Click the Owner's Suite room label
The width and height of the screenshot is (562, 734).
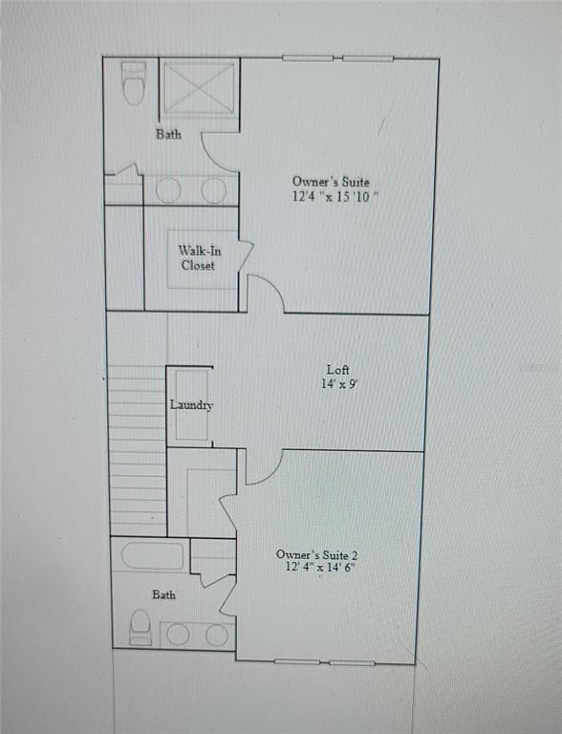(x=330, y=182)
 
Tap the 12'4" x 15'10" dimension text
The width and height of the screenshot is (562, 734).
(x=336, y=197)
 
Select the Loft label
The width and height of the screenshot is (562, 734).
(x=337, y=369)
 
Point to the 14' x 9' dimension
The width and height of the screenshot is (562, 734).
(x=338, y=384)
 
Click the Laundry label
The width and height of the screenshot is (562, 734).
(x=191, y=405)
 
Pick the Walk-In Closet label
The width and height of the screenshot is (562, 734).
(x=198, y=258)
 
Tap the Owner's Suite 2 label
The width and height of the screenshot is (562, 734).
(x=316, y=554)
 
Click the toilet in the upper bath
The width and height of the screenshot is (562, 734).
(x=133, y=84)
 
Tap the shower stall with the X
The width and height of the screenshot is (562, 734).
(x=199, y=89)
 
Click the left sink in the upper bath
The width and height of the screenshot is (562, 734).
(x=168, y=190)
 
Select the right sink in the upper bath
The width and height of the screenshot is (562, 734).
(x=214, y=190)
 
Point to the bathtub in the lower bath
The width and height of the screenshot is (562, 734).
(x=153, y=557)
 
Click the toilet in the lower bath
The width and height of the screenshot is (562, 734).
(x=140, y=627)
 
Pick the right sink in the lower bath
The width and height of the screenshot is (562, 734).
(x=217, y=635)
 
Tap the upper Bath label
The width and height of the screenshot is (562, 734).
(x=168, y=135)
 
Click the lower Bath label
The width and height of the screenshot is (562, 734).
(x=164, y=594)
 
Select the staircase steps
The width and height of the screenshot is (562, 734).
(x=138, y=449)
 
